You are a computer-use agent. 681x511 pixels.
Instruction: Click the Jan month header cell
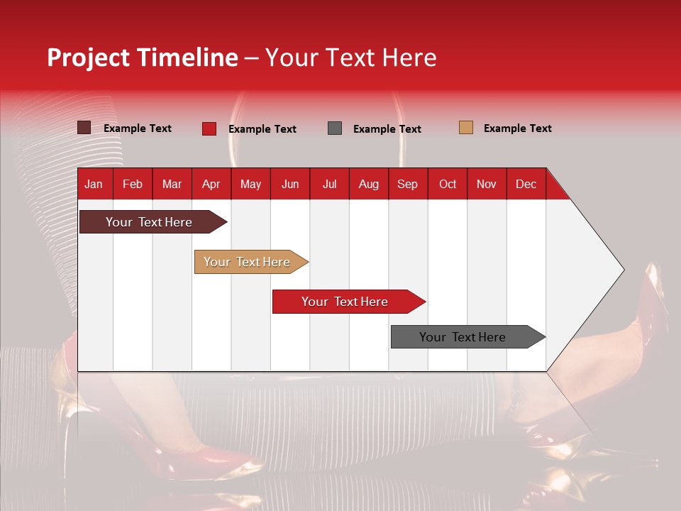pyautogui.click(x=94, y=184)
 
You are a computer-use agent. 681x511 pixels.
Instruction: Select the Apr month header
pyautogui.click(x=211, y=184)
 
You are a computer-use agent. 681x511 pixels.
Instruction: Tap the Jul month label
pyautogui.click(x=329, y=184)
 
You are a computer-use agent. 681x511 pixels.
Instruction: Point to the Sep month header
pyautogui.click(x=407, y=184)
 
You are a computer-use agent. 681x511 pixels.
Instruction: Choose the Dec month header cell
pyautogui.click(x=526, y=184)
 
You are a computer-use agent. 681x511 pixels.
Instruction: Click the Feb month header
pyautogui.click(x=133, y=184)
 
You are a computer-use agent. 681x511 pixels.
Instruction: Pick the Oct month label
pyautogui.click(x=448, y=184)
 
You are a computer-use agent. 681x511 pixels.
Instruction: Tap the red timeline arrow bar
pyautogui.click(x=345, y=302)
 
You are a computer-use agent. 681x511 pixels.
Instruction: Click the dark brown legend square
pyautogui.click(x=84, y=128)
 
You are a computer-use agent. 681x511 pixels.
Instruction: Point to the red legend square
pyautogui.click(x=209, y=128)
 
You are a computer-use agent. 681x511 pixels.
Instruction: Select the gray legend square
pyautogui.click(x=335, y=128)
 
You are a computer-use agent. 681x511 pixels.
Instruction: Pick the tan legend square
pyautogui.click(x=465, y=128)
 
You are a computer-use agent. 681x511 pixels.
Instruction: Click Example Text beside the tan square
pyautogui.click(x=517, y=128)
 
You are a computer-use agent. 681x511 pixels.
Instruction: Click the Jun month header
pyautogui.click(x=290, y=184)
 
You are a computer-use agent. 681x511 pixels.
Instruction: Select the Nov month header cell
pyautogui.click(x=487, y=184)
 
